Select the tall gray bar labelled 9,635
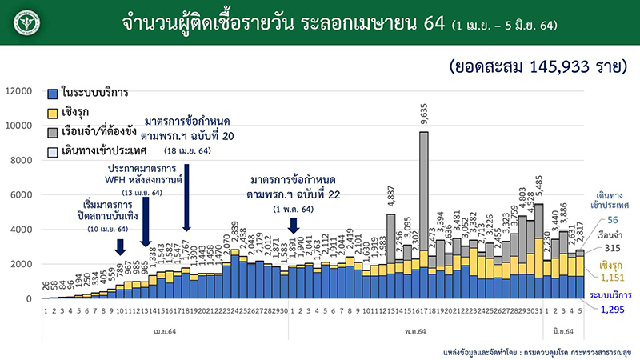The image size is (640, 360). (424, 200)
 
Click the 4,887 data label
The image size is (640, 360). (391, 198)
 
